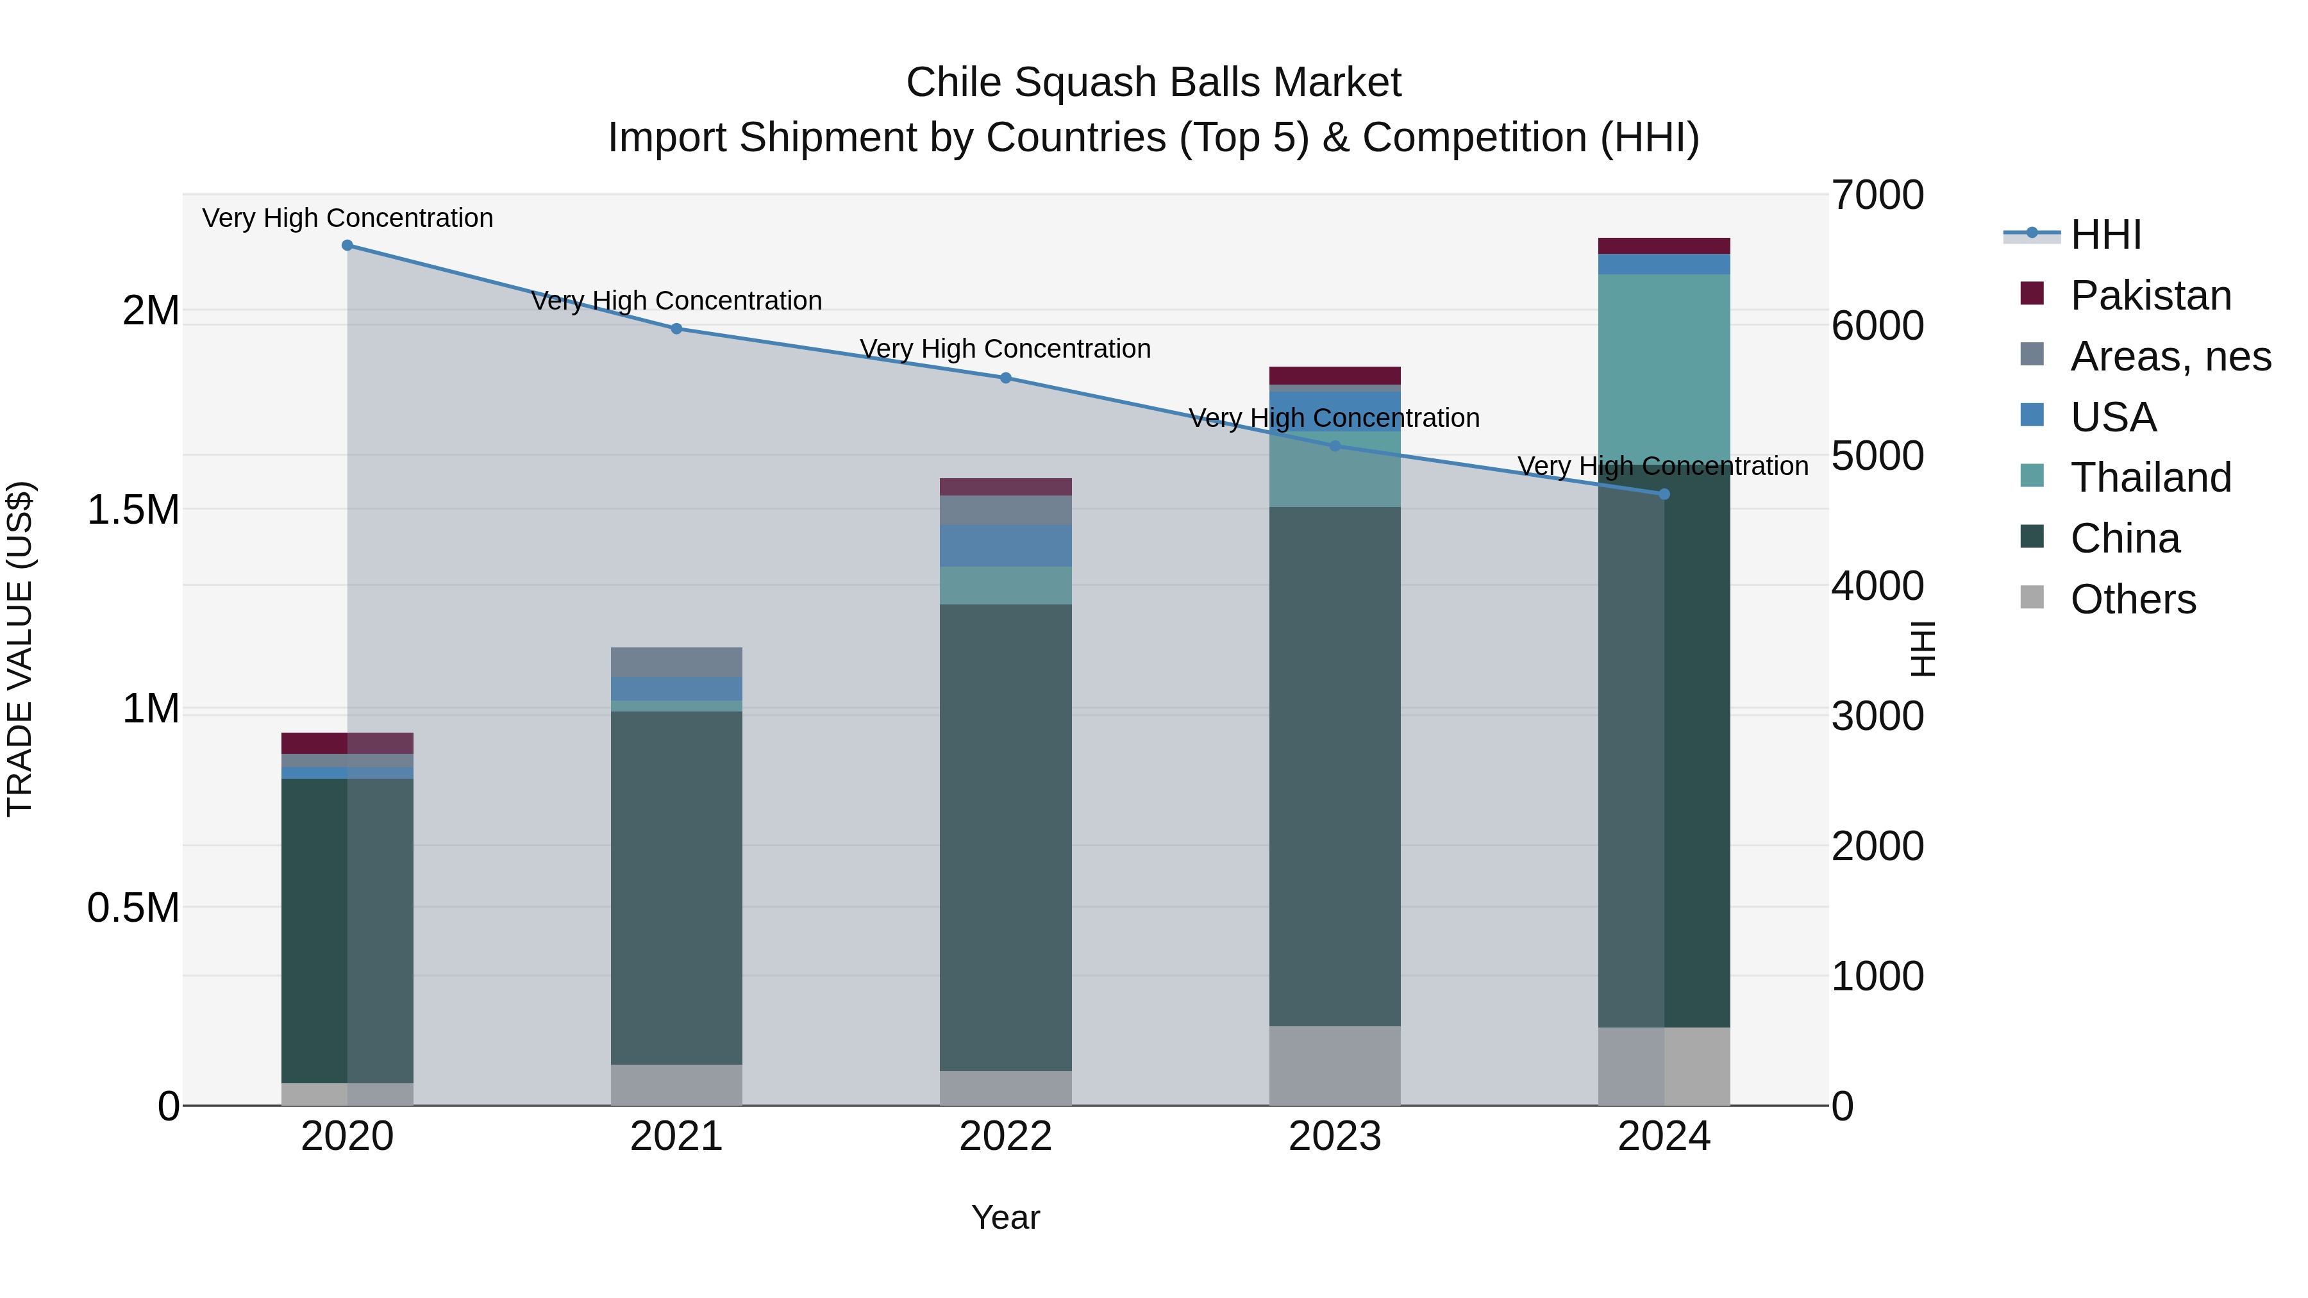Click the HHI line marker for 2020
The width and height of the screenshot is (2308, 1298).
click(347, 245)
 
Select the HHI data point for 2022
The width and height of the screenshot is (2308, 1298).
click(1005, 378)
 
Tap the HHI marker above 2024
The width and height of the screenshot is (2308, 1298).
click(1664, 494)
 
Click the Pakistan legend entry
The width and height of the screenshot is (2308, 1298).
click(2150, 295)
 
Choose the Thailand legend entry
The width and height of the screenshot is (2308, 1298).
click(2150, 478)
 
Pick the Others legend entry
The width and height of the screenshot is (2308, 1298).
click(2132, 599)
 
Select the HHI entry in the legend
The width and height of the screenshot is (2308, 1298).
click(2105, 235)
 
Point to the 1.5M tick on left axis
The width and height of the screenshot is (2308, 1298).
click(133, 511)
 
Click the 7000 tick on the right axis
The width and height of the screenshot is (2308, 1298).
click(1877, 196)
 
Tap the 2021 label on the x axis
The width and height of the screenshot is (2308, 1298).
click(676, 1136)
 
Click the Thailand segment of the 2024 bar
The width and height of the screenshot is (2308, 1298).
click(1664, 367)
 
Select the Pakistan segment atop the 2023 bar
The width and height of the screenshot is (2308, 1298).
click(1335, 376)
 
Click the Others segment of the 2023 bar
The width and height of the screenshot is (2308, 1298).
click(1335, 1065)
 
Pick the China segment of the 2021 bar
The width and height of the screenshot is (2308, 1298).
click(676, 887)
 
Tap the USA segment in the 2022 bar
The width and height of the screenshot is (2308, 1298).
click(1005, 545)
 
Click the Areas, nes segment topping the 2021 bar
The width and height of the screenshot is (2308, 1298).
click(676, 662)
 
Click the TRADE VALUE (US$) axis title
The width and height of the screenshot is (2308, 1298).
click(20, 649)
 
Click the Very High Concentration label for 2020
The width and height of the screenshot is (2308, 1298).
click(347, 219)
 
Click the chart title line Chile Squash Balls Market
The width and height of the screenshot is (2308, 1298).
click(1153, 83)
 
